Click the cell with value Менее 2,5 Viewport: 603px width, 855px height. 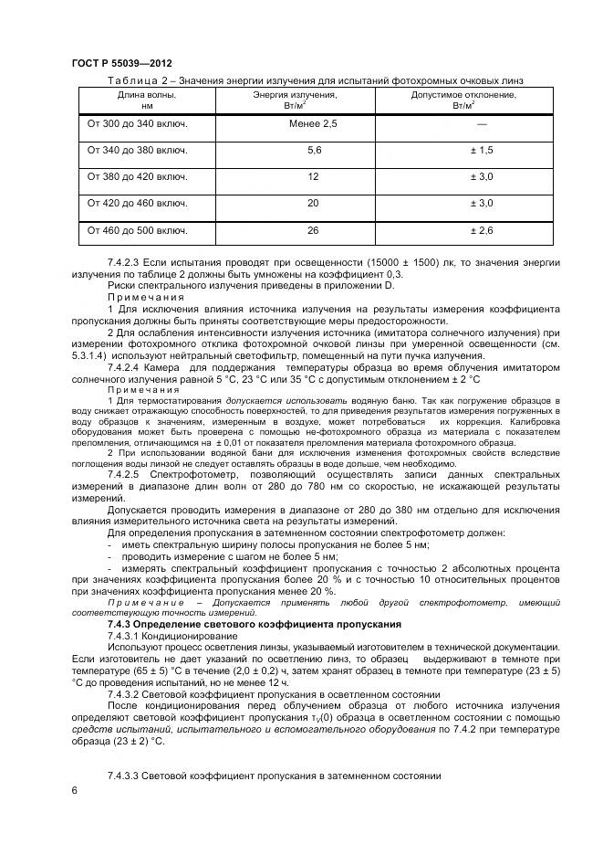click(313, 123)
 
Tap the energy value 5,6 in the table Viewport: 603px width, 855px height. click(314, 150)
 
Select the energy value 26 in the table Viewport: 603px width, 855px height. click(313, 231)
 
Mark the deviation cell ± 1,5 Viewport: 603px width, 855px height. click(481, 150)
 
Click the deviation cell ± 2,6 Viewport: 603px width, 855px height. click(481, 231)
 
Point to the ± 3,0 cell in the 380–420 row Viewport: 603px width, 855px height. click(481, 176)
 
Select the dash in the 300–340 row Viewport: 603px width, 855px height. click(481, 123)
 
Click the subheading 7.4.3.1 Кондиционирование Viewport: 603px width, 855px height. click(172, 635)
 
